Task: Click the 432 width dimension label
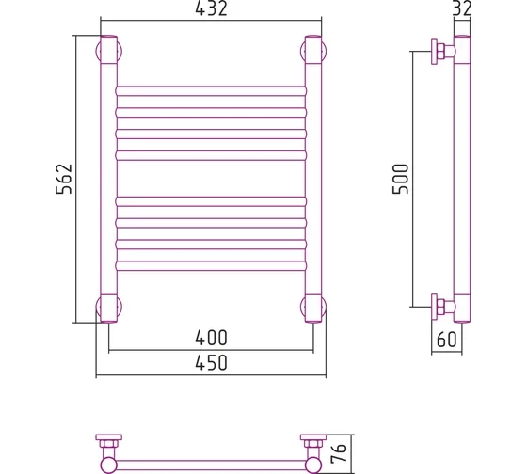[211, 8]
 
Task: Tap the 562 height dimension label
[64, 179]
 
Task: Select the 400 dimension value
[211, 338]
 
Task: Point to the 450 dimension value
[211, 363]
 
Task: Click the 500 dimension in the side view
[400, 179]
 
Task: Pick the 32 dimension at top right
[462, 8]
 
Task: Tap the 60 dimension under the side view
[447, 340]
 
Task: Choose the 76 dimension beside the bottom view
[339, 452]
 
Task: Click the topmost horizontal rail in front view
[211, 91]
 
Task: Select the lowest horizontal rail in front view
[211, 266]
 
